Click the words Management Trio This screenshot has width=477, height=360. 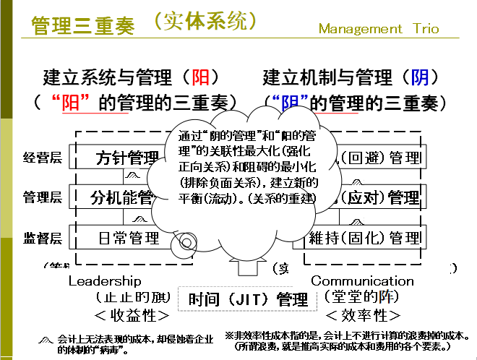click(x=379, y=29)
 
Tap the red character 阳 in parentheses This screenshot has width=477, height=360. click(x=200, y=77)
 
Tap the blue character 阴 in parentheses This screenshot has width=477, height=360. click(x=419, y=77)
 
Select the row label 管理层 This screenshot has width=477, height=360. click(x=43, y=196)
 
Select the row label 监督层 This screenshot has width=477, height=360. click(x=43, y=236)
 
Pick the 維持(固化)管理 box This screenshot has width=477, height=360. click(x=364, y=237)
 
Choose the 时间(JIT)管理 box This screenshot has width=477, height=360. click(x=239, y=298)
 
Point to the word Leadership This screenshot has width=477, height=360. click(x=105, y=280)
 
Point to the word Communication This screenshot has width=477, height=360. click(x=363, y=280)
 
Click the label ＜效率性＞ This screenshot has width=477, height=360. click(x=363, y=315)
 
